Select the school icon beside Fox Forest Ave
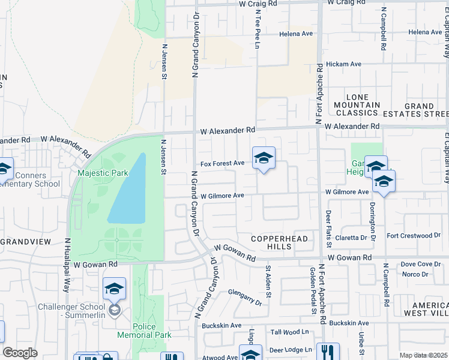(x=264, y=158)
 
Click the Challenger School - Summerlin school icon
(x=114, y=290)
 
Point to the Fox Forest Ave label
(x=222, y=163)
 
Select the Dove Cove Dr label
(x=420, y=264)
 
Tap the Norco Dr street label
(x=416, y=274)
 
